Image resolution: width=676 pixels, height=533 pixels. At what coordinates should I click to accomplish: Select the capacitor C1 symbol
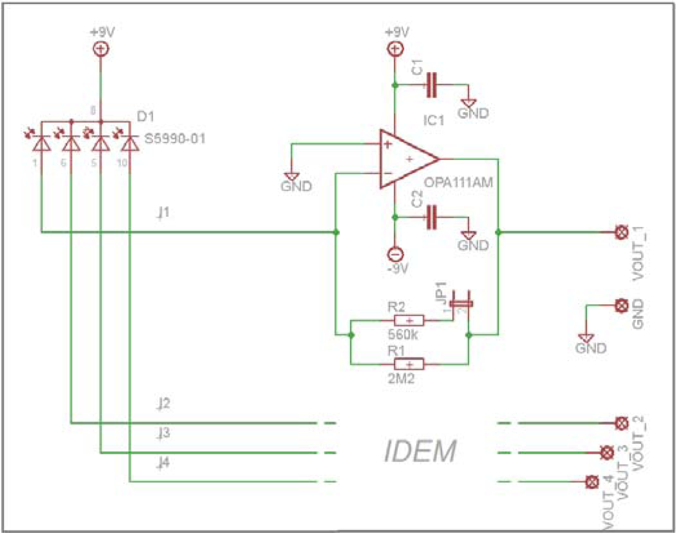(431, 85)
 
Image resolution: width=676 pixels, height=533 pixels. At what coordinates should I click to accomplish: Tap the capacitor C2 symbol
(431, 217)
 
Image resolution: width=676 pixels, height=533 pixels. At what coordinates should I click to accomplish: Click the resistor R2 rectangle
(409, 320)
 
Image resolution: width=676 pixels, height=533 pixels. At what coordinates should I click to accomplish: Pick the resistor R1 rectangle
(409, 364)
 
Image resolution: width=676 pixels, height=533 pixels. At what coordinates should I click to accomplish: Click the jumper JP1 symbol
(461, 303)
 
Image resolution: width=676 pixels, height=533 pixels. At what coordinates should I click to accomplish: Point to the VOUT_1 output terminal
(621, 232)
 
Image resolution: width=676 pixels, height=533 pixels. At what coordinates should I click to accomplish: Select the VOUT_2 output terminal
(621, 423)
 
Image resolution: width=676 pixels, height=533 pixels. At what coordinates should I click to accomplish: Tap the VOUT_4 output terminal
(592, 482)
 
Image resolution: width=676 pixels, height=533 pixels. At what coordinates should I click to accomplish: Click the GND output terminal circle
(621, 305)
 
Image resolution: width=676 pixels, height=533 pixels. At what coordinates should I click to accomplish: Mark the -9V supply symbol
(395, 254)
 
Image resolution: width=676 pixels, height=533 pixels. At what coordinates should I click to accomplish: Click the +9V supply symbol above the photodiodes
(101, 49)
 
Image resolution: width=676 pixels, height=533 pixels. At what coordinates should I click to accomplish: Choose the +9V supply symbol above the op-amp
(395, 49)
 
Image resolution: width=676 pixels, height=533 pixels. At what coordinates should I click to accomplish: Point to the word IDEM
(420, 452)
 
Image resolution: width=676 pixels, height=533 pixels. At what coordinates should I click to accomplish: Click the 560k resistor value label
(403, 335)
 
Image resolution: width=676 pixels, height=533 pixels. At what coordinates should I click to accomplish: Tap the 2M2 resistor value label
(401, 378)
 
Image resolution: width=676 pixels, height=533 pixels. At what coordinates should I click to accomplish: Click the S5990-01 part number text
(175, 139)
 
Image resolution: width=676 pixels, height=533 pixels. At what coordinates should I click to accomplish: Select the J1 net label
(163, 213)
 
